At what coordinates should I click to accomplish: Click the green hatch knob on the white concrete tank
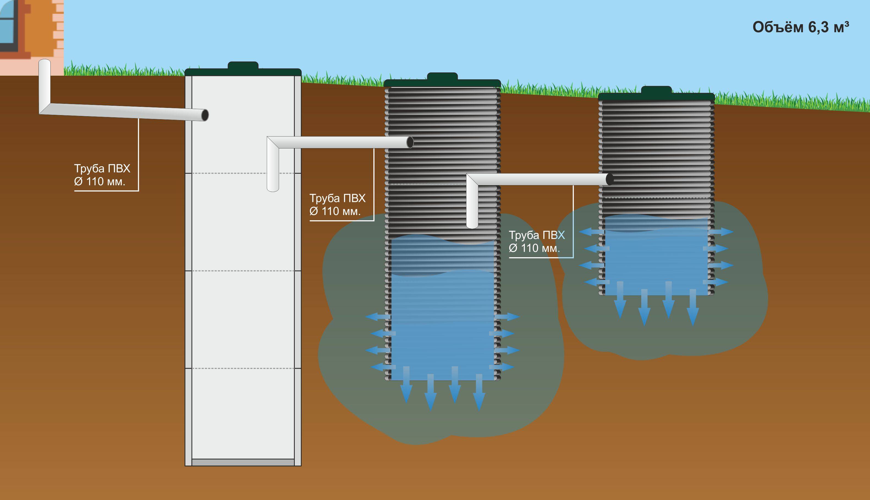pyautogui.click(x=243, y=66)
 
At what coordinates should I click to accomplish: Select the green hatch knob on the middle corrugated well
pyautogui.click(x=442, y=76)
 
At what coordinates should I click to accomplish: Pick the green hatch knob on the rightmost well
pyautogui.click(x=656, y=90)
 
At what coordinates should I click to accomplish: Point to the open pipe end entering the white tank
pyautogui.click(x=205, y=115)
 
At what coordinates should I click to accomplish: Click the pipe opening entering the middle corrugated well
pyautogui.click(x=410, y=142)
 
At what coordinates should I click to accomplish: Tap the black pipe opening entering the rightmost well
pyautogui.click(x=610, y=179)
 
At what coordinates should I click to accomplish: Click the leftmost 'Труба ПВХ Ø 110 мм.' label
pyautogui.click(x=102, y=175)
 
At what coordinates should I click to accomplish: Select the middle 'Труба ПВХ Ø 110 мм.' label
pyautogui.click(x=337, y=204)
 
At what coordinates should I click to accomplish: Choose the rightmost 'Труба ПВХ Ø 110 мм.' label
pyautogui.click(x=537, y=241)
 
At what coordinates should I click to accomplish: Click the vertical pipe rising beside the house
pyautogui.click(x=44, y=82)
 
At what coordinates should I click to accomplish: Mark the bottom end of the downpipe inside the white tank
pyautogui.click(x=273, y=188)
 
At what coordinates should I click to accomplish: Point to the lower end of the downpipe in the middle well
pyautogui.click(x=472, y=225)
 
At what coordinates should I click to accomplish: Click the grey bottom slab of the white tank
pyautogui.click(x=243, y=462)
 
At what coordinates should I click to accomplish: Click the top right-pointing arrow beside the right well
pyautogui.click(x=722, y=232)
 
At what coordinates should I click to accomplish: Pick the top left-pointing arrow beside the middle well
pyautogui.click(x=377, y=317)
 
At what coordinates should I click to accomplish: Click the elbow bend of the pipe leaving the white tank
pyautogui.click(x=273, y=143)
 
